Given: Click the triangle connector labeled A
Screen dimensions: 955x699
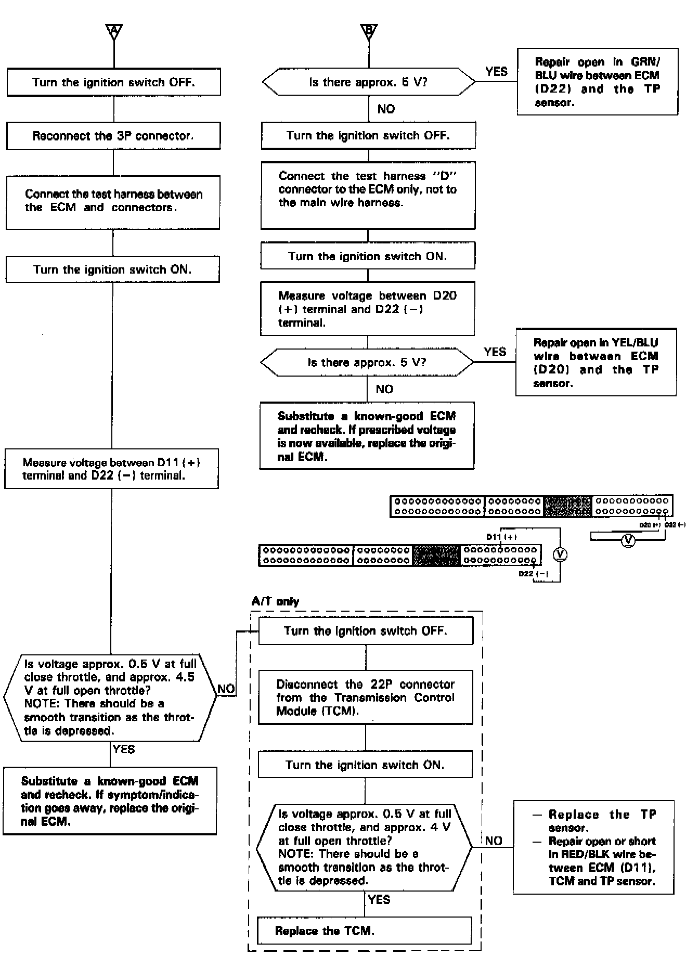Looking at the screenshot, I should (114, 31).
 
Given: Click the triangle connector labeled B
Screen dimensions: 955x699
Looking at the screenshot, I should (369, 31).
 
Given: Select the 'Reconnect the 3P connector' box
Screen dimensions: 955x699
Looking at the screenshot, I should (113, 136).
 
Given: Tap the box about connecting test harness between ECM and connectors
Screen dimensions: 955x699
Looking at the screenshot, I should (113, 202).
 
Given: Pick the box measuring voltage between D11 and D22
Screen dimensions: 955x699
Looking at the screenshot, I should (111, 469).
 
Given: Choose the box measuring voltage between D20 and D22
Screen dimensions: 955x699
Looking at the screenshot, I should (367, 309).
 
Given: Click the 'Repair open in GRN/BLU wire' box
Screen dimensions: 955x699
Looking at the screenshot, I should (598, 82).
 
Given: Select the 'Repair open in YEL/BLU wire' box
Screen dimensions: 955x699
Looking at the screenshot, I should (596, 362).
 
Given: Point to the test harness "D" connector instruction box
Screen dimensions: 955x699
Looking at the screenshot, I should (368, 195).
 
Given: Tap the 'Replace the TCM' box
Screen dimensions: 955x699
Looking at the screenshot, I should (365, 931).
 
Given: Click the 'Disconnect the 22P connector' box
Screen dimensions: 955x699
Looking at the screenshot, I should (366, 697).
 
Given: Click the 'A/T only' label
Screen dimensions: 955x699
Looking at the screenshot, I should (275, 602).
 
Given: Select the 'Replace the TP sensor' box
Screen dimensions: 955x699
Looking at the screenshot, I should (593, 847).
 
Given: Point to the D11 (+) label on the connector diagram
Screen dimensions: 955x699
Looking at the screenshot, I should (501, 536).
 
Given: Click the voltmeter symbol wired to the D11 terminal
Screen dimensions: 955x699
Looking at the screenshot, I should (560, 555).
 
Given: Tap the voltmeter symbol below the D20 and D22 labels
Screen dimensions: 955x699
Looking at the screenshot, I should (628, 541).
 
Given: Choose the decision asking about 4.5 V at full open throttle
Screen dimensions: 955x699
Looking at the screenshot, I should (110, 697).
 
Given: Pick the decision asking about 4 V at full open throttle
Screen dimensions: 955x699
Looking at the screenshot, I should (365, 847).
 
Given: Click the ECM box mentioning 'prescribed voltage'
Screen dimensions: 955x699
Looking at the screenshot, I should (367, 436).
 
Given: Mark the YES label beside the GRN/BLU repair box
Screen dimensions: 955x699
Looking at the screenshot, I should (496, 72).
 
